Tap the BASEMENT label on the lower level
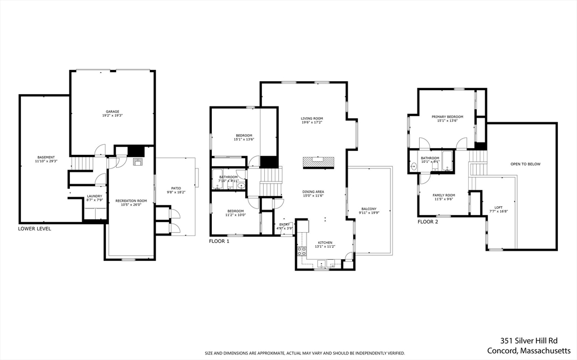coord(46,157)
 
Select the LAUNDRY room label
coord(94,197)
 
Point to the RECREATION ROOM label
coord(131,201)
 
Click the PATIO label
coord(176,188)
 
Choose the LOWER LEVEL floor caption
coord(34,229)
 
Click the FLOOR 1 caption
coord(220,241)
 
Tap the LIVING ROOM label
coord(312,118)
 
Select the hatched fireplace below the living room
coord(319,162)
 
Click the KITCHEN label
coord(325,243)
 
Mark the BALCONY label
coord(369,209)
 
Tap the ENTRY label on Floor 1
coord(285,225)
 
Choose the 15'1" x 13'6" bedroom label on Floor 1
coord(244,136)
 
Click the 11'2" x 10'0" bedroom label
coord(236,211)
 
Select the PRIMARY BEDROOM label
coord(447,117)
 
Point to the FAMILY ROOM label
coord(443,195)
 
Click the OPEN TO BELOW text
coord(525,164)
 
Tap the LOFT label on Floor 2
coord(498,207)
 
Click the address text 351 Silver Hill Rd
coord(529,340)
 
